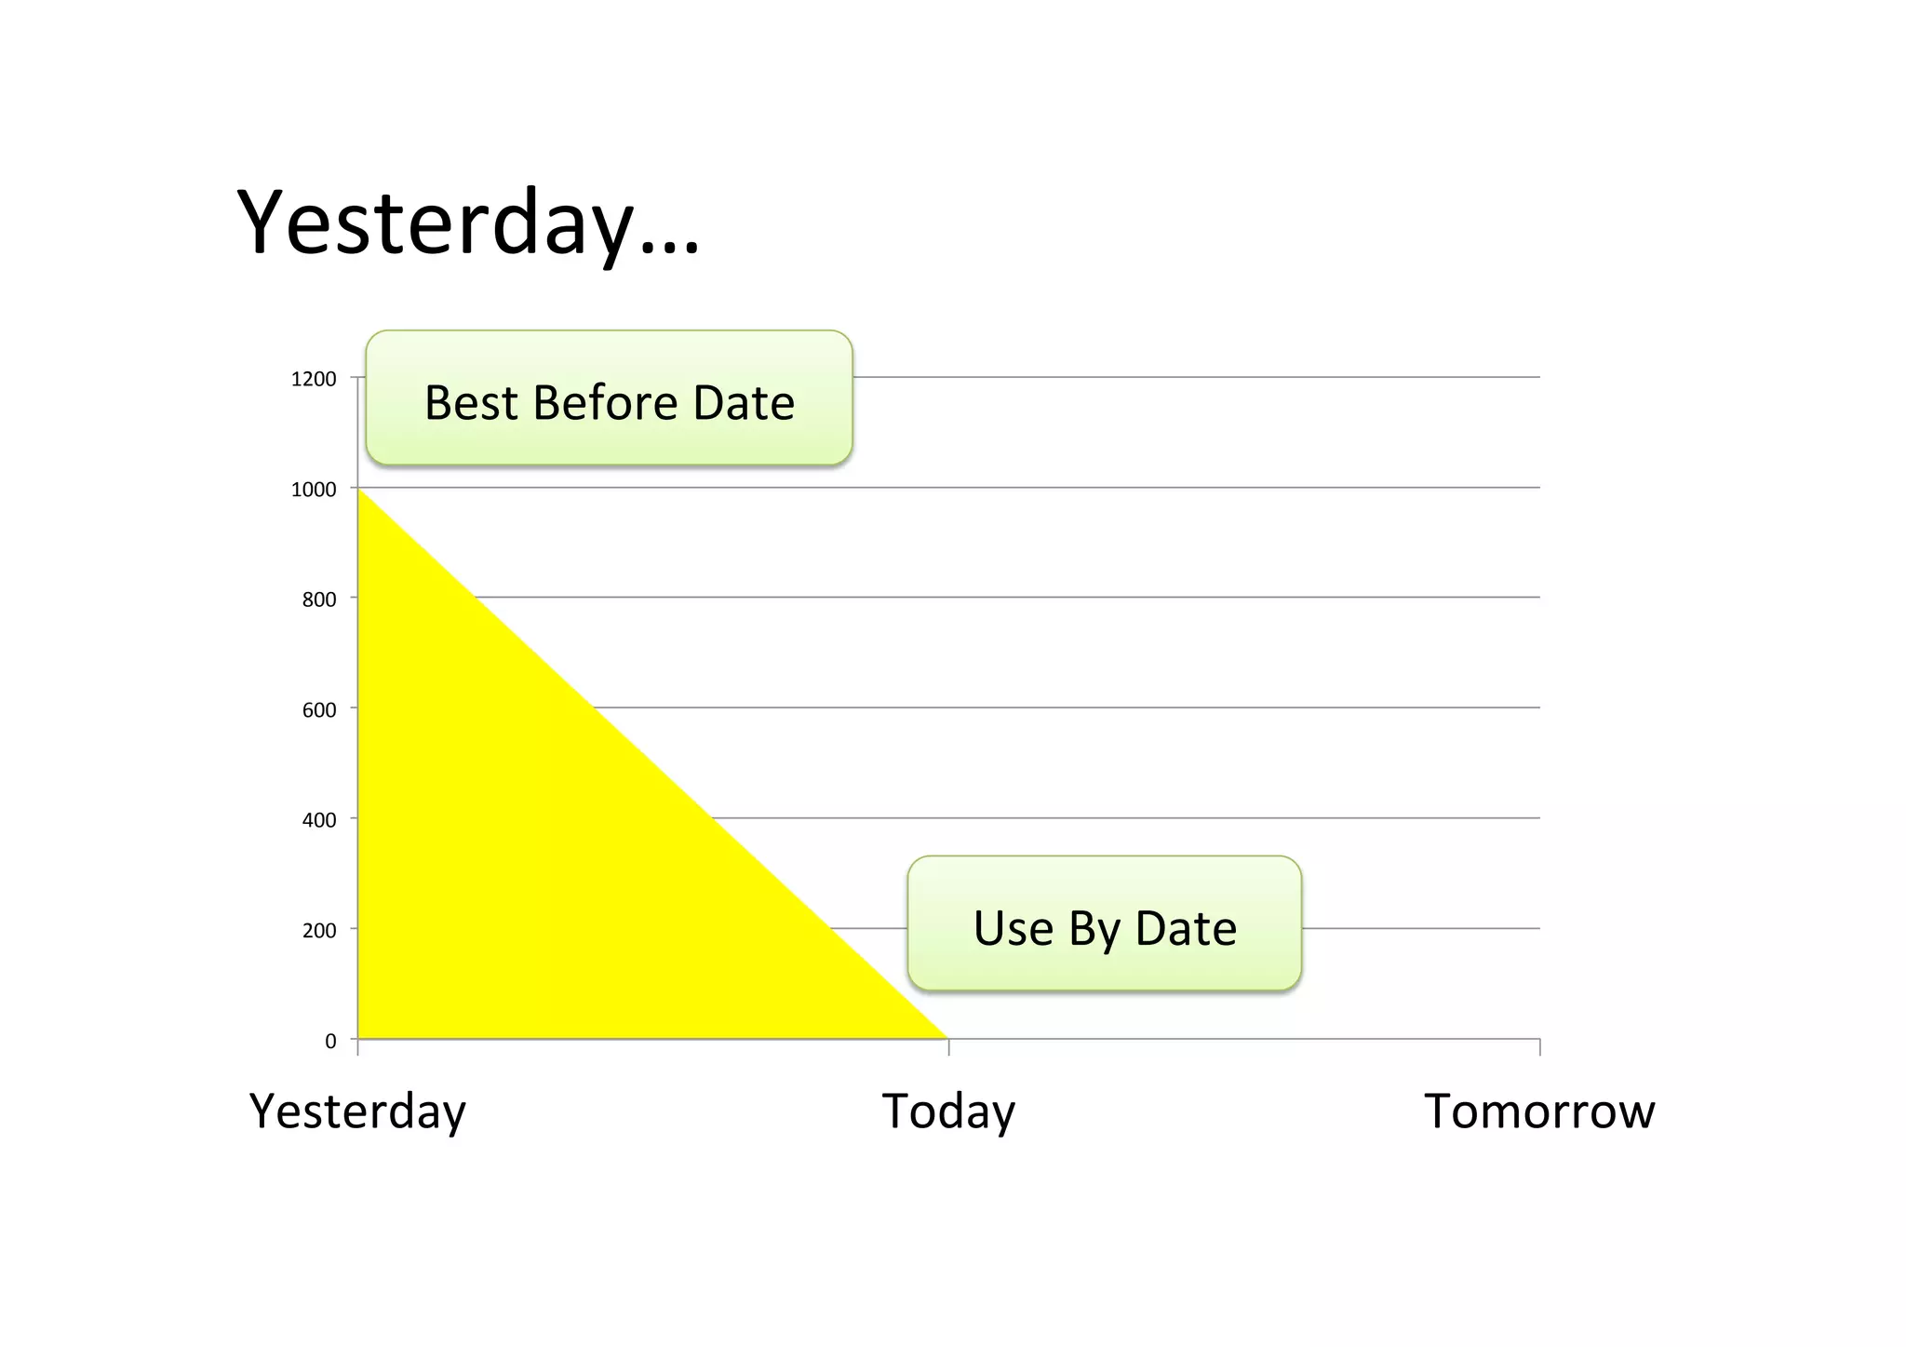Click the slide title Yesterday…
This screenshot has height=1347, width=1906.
[468, 223]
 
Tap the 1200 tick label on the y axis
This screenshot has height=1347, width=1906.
[314, 379]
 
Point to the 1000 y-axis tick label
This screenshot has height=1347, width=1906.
[314, 490]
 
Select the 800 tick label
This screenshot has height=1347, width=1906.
[319, 599]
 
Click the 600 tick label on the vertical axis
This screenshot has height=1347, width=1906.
[319, 710]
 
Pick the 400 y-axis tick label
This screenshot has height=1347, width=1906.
[319, 820]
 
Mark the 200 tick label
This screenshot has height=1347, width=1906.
[319, 930]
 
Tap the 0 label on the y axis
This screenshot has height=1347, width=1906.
[330, 1042]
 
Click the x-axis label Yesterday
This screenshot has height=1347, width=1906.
[357, 1111]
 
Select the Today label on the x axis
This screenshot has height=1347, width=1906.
[948, 1111]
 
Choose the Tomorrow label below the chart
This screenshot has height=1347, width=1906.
[1539, 1111]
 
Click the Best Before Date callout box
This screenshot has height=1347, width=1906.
[610, 398]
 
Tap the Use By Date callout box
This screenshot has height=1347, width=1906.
[1105, 923]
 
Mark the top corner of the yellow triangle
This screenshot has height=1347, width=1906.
[360, 491]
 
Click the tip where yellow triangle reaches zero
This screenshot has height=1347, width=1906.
[945, 1036]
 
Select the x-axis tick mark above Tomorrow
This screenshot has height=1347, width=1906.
[1540, 1047]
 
